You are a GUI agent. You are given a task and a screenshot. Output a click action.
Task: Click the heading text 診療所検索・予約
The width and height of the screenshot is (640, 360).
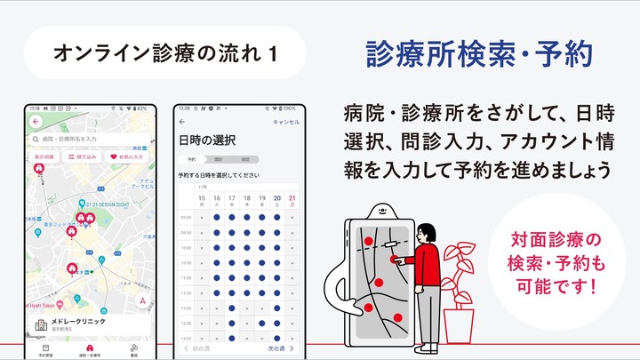[x=479, y=54]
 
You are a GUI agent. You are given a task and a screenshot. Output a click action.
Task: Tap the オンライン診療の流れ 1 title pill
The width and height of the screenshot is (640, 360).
[x=165, y=54]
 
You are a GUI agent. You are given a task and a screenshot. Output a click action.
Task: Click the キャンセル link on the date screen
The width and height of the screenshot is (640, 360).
[x=286, y=122]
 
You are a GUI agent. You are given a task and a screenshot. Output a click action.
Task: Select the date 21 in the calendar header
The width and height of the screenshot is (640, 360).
[x=292, y=198]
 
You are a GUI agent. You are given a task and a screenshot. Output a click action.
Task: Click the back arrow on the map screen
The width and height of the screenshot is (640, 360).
[x=36, y=122]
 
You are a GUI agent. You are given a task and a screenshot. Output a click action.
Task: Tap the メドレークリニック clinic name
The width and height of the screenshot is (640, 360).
[x=81, y=320]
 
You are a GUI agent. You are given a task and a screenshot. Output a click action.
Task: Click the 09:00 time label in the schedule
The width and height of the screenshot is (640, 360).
[x=186, y=217]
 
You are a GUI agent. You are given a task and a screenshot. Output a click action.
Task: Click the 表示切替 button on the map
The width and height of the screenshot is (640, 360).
[x=44, y=156]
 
